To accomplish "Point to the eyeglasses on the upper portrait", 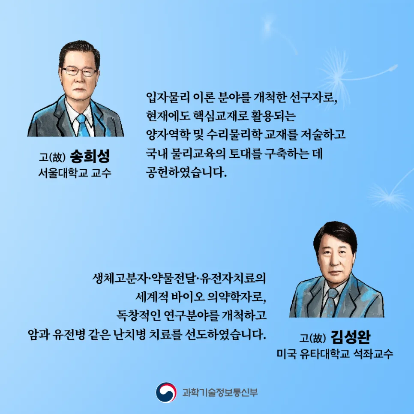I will (79, 71).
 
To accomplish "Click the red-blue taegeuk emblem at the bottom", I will (166, 393).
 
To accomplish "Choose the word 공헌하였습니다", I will (185, 173).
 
